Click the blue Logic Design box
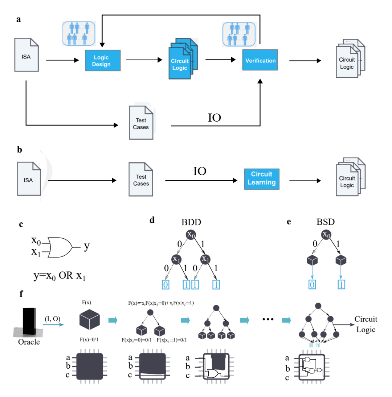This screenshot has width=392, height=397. (x=103, y=60)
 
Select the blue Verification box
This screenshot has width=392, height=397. (x=260, y=60)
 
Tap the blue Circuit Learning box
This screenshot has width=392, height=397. (x=262, y=178)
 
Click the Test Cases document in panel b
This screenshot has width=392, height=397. (x=141, y=179)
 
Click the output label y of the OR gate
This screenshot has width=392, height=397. (x=86, y=247)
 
